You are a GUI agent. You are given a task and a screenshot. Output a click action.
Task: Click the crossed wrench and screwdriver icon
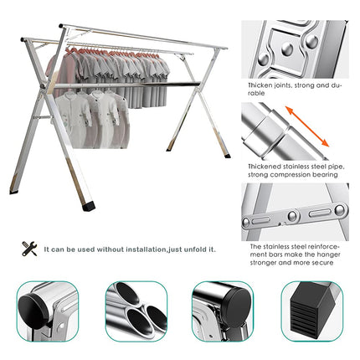[29, 249]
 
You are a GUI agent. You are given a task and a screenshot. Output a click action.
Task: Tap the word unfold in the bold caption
[198, 249]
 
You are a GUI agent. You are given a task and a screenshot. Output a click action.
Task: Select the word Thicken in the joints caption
[260, 85]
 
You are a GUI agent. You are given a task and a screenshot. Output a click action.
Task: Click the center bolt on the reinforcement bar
[294, 216]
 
